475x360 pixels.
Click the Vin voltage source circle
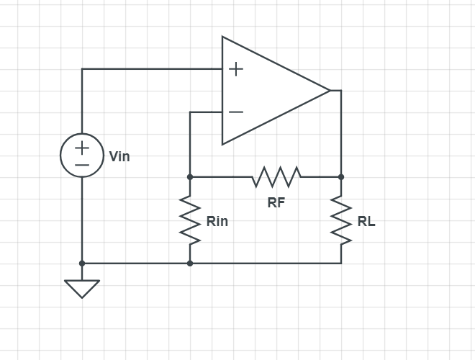[x=82, y=156]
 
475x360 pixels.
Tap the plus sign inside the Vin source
[x=82, y=147]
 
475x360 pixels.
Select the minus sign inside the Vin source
[x=82, y=165]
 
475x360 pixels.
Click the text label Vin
[x=119, y=156]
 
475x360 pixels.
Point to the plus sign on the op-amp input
[x=236, y=69]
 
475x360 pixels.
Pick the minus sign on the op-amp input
[x=236, y=112]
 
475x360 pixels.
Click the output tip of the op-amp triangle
[x=330, y=91]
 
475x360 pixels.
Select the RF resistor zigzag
[x=276, y=176]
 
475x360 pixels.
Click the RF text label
[x=276, y=203]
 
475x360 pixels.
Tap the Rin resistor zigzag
[x=190, y=220]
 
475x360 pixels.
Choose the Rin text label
[x=217, y=221]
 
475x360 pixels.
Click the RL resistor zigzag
[x=341, y=220]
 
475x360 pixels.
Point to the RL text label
[x=366, y=221]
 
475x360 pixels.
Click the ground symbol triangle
[x=82, y=287]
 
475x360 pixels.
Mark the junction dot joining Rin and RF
[x=190, y=176]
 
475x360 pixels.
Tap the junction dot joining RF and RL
[x=341, y=176]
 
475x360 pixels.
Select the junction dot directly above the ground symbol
[x=82, y=264]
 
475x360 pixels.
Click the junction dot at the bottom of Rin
[x=190, y=264]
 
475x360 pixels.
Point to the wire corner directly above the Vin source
[x=82, y=69]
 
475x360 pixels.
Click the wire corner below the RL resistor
[x=341, y=264]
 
